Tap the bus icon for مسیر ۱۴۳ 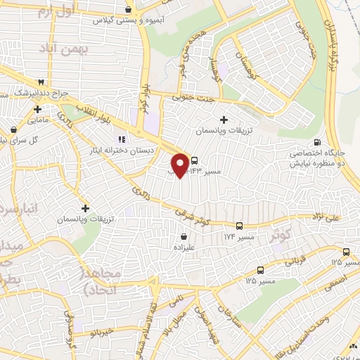[x=195, y=160]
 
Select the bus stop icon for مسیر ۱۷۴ [x=240, y=226]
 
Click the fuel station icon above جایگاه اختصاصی [x=320, y=143]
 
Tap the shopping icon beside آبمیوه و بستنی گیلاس [x=127, y=10]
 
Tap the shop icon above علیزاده [x=183, y=237]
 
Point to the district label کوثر [x=280, y=238]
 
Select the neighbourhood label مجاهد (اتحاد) [x=101, y=281]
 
